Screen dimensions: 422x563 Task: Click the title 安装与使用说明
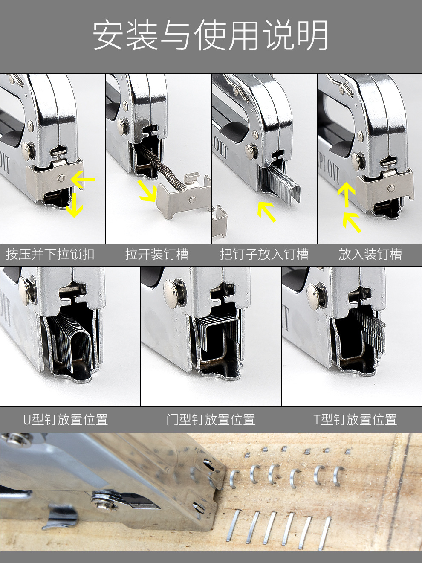click(210, 35)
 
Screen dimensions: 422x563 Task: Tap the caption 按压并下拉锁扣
click(50, 254)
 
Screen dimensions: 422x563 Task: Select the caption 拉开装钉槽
click(157, 254)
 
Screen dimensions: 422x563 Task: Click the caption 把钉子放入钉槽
click(264, 254)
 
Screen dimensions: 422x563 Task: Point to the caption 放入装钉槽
click(370, 254)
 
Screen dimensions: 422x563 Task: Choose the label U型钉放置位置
click(66, 419)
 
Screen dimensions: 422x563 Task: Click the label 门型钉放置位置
click(210, 419)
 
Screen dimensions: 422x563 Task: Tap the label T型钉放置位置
click(356, 419)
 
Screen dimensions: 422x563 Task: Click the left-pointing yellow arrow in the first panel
click(83, 180)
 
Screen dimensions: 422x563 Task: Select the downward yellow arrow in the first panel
click(74, 205)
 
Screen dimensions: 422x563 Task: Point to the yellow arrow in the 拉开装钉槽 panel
click(148, 191)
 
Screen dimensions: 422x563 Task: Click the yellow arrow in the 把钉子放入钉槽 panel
click(266, 212)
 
